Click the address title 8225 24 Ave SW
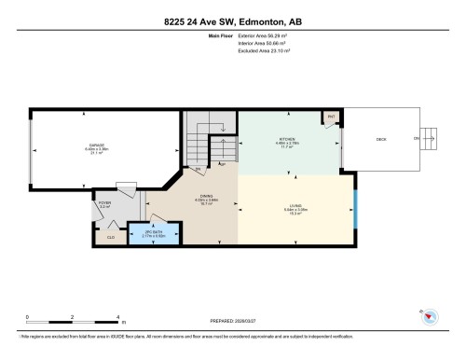pyautogui.click(x=232, y=21)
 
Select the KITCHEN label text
pyautogui.click(x=285, y=142)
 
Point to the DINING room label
pyautogui.click(x=179, y=198)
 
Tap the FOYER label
pyautogui.click(x=103, y=202)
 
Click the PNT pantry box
pyautogui.click(x=331, y=118)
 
